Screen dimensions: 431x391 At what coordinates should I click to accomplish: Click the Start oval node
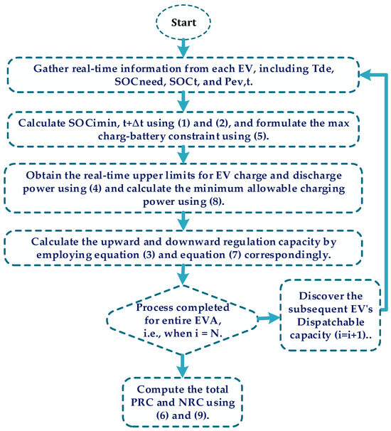coord(183,23)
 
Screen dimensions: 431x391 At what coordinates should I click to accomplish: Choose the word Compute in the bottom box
coord(159,390)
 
